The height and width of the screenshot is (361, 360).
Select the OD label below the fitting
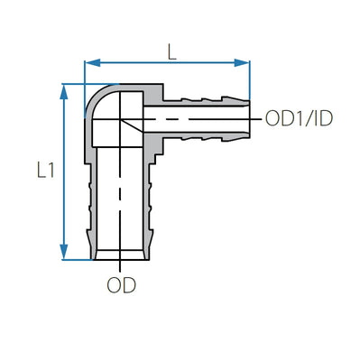[121, 285]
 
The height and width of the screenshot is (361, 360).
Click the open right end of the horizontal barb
[248, 118]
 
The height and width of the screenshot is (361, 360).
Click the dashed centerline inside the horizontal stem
[194, 118]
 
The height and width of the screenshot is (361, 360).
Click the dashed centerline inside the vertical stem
[120, 199]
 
